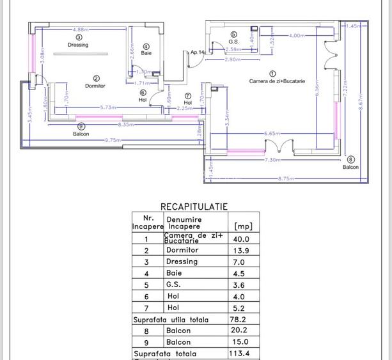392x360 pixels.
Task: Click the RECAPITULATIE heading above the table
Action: point(194,207)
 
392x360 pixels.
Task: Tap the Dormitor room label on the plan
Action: point(95,86)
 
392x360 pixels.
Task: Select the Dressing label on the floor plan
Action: point(78,45)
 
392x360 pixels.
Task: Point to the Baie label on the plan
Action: point(146,53)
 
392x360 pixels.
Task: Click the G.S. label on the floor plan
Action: point(233,42)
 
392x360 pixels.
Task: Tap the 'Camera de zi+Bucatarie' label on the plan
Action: point(277,81)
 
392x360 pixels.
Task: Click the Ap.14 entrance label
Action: point(197,52)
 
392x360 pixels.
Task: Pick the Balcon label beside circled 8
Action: point(350,167)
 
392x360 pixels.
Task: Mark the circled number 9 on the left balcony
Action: point(81,127)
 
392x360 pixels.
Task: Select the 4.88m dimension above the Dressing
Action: point(81,29)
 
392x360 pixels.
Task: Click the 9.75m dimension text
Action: point(114,139)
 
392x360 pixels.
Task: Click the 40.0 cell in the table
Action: point(243,239)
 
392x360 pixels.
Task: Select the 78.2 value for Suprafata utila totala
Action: point(243,320)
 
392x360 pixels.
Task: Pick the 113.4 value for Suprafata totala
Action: point(243,354)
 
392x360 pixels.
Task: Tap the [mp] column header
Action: point(243,226)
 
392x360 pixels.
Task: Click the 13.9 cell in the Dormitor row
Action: point(243,251)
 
